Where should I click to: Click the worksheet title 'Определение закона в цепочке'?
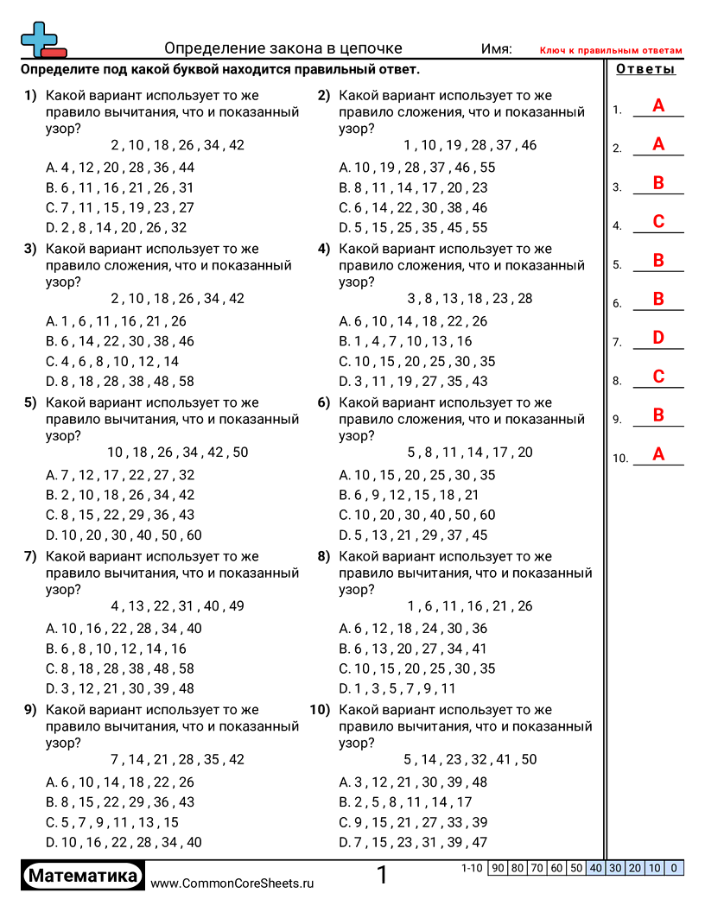click(x=283, y=48)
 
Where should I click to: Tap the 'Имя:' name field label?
click(x=496, y=49)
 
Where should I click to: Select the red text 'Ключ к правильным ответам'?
click(x=611, y=51)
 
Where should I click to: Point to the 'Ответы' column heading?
click(x=645, y=70)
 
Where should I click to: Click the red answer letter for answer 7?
click(x=657, y=338)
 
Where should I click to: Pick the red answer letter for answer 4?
click(x=657, y=222)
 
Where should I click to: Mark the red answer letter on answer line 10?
click(x=657, y=454)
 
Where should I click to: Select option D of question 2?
click(x=413, y=228)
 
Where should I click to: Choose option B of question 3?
click(x=120, y=341)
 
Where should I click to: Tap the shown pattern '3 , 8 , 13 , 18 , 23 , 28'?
click(x=470, y=299)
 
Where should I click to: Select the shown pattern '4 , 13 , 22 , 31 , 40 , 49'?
click(x=177, y=606)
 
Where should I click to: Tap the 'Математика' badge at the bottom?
click(x=83, y=876)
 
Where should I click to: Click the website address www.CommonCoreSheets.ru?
click(x=232, y=883)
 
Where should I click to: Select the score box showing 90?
click(x=497, y=868)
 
